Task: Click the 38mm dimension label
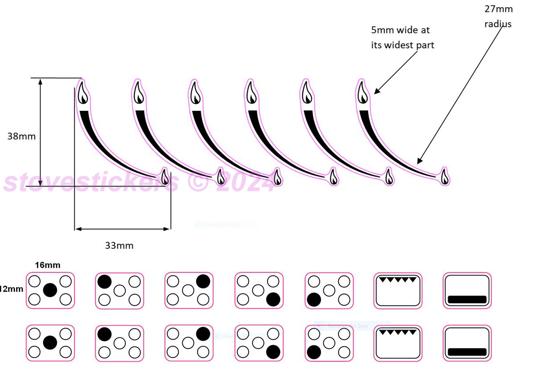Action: (21, 136)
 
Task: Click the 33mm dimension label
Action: (119, 245)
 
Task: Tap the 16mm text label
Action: (48, 265)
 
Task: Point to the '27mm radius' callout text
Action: (499, 16)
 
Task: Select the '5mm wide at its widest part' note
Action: (402, 37)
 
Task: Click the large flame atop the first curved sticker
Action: (82, 93)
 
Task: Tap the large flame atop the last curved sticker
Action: (363, 93)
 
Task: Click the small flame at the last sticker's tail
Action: (444, 177)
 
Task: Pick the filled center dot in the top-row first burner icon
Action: (50, 290)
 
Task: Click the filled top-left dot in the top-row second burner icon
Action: (104, 281)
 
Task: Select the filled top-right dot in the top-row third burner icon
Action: (203, 281)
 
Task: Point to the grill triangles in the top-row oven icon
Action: (398, 280)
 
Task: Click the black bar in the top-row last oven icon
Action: (467, 299)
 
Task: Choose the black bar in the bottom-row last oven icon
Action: (467, 352)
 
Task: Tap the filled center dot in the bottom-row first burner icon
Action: (50, 342)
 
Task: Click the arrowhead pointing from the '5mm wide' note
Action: (375, 92)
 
